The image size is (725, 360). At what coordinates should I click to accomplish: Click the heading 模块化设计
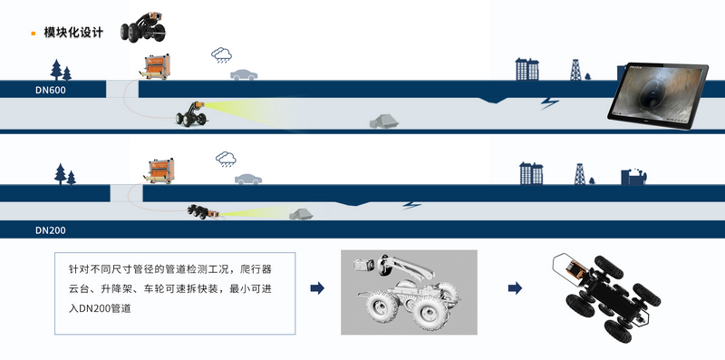tap(73, 33)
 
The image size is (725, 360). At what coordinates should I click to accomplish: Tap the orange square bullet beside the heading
tap(34, 34)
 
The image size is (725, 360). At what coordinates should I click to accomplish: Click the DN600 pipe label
tap(51, 91)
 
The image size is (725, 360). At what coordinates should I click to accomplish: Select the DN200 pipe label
tap(51, 230)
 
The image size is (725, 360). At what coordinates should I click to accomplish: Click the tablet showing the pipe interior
tap(658, 96)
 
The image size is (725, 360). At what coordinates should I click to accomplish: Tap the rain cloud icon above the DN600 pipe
tap(221, 54)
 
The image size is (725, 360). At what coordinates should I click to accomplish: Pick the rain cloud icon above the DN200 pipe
tap(226, 159)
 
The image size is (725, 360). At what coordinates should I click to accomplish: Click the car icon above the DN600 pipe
tap(244, 74)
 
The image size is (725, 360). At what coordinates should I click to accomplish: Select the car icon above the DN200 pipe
tap(248, 179)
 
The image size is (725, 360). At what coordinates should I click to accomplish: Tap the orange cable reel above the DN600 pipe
tap(155, 67)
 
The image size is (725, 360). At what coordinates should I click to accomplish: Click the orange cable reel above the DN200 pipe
tap(160, 171)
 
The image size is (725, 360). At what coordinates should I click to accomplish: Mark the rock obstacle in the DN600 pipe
tap(383, 122)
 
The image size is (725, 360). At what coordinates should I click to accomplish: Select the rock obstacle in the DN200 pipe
tap(301, 214)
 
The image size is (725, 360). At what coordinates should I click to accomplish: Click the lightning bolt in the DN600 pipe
tap(550, 102)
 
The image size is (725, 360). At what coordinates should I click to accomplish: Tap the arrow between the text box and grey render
tap(317, 288)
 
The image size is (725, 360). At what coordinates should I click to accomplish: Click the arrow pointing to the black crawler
tap(515, 288)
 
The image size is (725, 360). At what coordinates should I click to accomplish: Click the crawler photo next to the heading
tap(143, 28)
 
